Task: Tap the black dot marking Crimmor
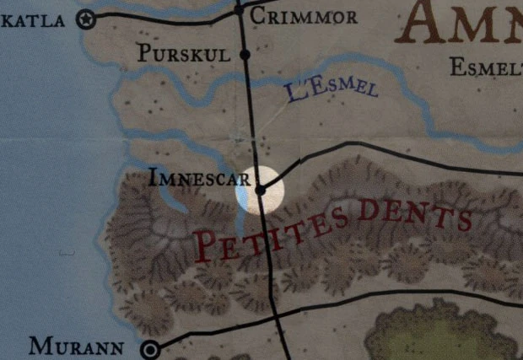point(240,10)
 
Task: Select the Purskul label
point(183,54)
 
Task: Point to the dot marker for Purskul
point(245,55)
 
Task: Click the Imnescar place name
point(199,179)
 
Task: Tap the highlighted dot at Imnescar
point(261,191)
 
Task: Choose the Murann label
point(77,346)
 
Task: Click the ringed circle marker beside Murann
point(152,348)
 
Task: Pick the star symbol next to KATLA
point(85,20)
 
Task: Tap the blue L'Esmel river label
point(331,90)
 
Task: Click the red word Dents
point(412,213)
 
